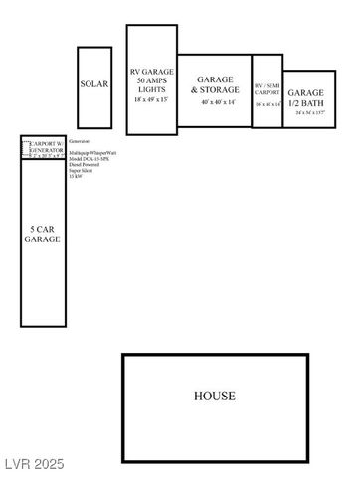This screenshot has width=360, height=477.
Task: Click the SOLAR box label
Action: (x=94, y=85)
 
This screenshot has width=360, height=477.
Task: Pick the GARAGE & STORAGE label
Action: (x=215, y=84)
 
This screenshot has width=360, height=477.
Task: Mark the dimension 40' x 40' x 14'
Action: (x=215, y=102)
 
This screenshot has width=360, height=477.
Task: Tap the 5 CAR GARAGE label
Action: (x=43, y=234)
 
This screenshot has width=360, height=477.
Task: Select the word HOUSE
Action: (x=215, y=396)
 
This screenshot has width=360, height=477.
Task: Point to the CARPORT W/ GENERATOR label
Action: (x=48, y=147)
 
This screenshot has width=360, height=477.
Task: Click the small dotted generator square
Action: (x=27, y=147)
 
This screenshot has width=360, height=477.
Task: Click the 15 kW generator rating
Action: (x=75, y=178)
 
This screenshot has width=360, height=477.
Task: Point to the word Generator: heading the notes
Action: (x=80, y=142)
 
